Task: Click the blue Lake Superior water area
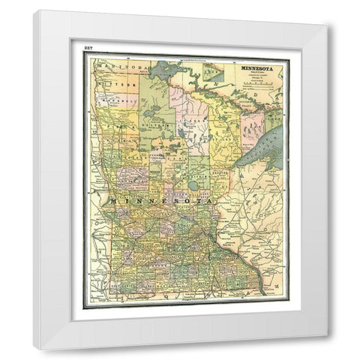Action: pyautogui.click(x=266, y=146)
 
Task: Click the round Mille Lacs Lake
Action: pyautogui.click(x=194, y=184)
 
